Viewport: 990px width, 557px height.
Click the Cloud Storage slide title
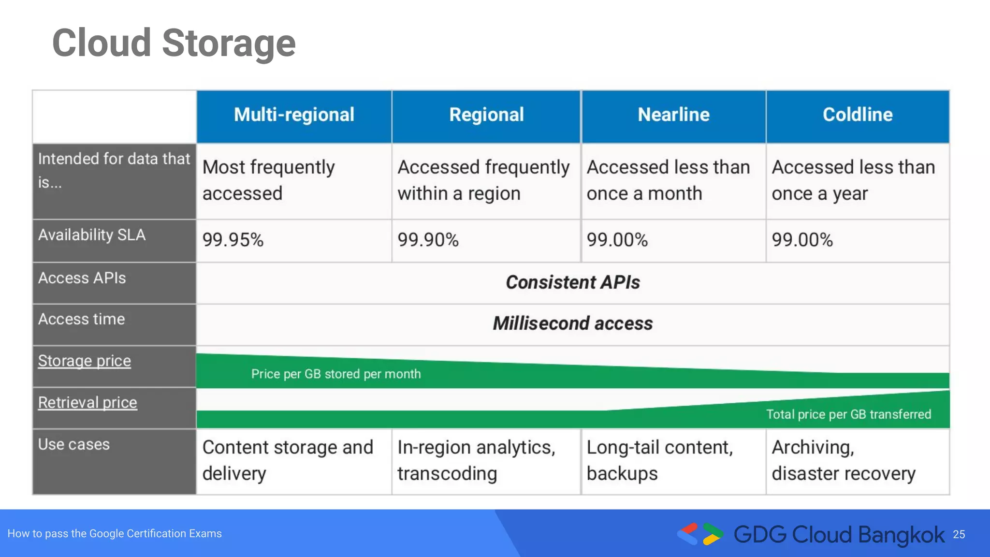coord(174,44)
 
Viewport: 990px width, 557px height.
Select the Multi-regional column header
coord(294,115)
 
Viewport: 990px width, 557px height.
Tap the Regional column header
coord(486,115)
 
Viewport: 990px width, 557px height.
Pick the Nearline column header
coord(673,115)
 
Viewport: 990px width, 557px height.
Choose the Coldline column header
coord(858,115)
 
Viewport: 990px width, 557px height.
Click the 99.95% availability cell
coord(233,240)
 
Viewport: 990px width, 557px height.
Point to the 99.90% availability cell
coord(428,240)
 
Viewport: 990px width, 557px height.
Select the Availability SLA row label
coord(92,235)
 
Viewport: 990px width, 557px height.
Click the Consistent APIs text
coord(573,282)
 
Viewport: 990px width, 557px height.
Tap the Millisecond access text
coord(573,323)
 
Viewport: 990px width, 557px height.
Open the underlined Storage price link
coord(85,361)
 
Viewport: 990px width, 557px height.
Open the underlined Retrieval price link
coord(87,403)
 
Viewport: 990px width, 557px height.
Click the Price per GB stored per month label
coord(336,374)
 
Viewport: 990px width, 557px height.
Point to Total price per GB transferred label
coord(848,414)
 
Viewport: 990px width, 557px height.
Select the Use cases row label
coord(74,444)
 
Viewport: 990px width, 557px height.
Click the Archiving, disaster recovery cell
coord(843,460)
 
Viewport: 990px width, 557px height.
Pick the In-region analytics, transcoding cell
coord(476,460)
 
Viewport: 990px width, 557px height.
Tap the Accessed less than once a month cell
coord(668,180)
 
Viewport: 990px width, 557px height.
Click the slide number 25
coord(959,535)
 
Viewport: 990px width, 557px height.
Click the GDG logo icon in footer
coord(700,534)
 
